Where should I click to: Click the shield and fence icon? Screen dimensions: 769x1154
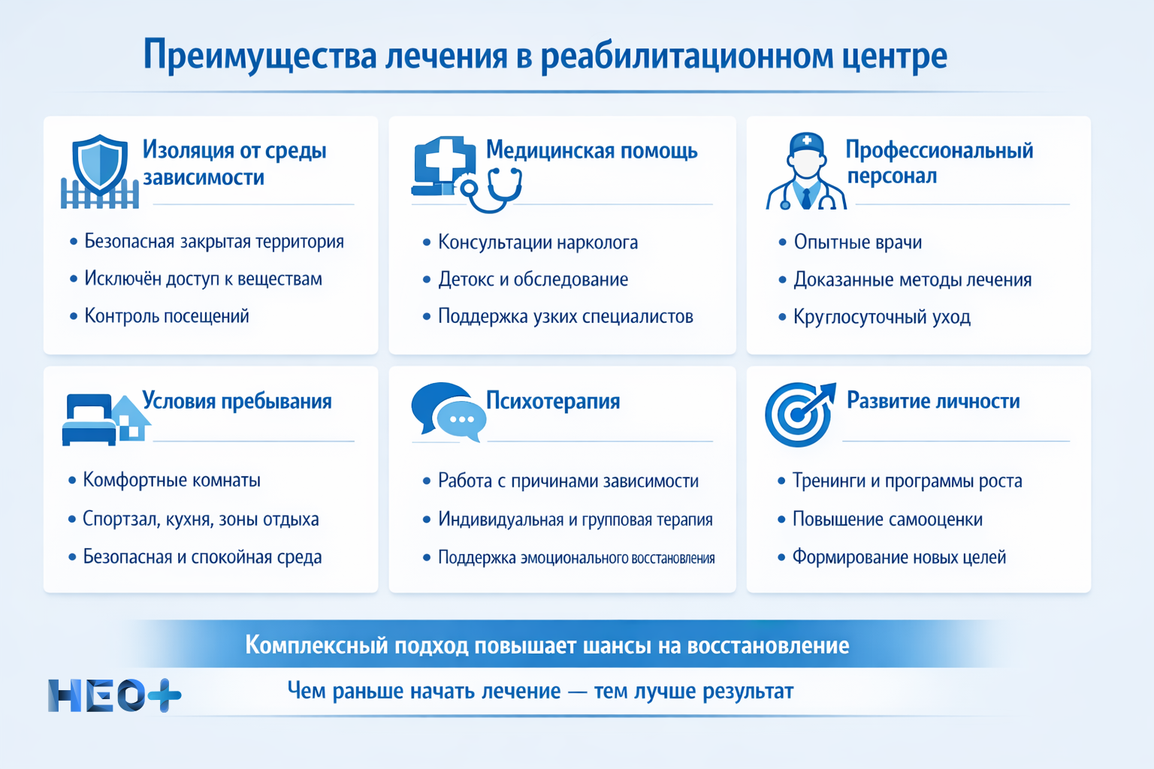100,172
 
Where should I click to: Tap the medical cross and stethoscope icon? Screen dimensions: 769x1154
466,174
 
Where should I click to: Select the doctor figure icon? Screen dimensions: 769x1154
806,172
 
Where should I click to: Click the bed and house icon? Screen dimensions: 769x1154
106,419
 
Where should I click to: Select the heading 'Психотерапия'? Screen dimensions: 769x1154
553,401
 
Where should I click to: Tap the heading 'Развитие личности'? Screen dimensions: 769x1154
933,401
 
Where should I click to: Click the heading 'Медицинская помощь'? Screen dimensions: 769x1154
592,150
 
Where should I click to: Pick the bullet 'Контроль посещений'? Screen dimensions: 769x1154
166,316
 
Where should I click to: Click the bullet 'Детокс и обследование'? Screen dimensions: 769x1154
533,279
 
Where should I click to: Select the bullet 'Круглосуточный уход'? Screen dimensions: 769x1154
882,317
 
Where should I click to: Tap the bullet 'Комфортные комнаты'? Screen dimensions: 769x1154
171,480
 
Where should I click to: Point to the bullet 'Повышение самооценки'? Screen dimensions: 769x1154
887,520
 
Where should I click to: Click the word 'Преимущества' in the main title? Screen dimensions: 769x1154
260,56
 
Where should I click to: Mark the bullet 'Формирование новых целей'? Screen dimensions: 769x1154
899,557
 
